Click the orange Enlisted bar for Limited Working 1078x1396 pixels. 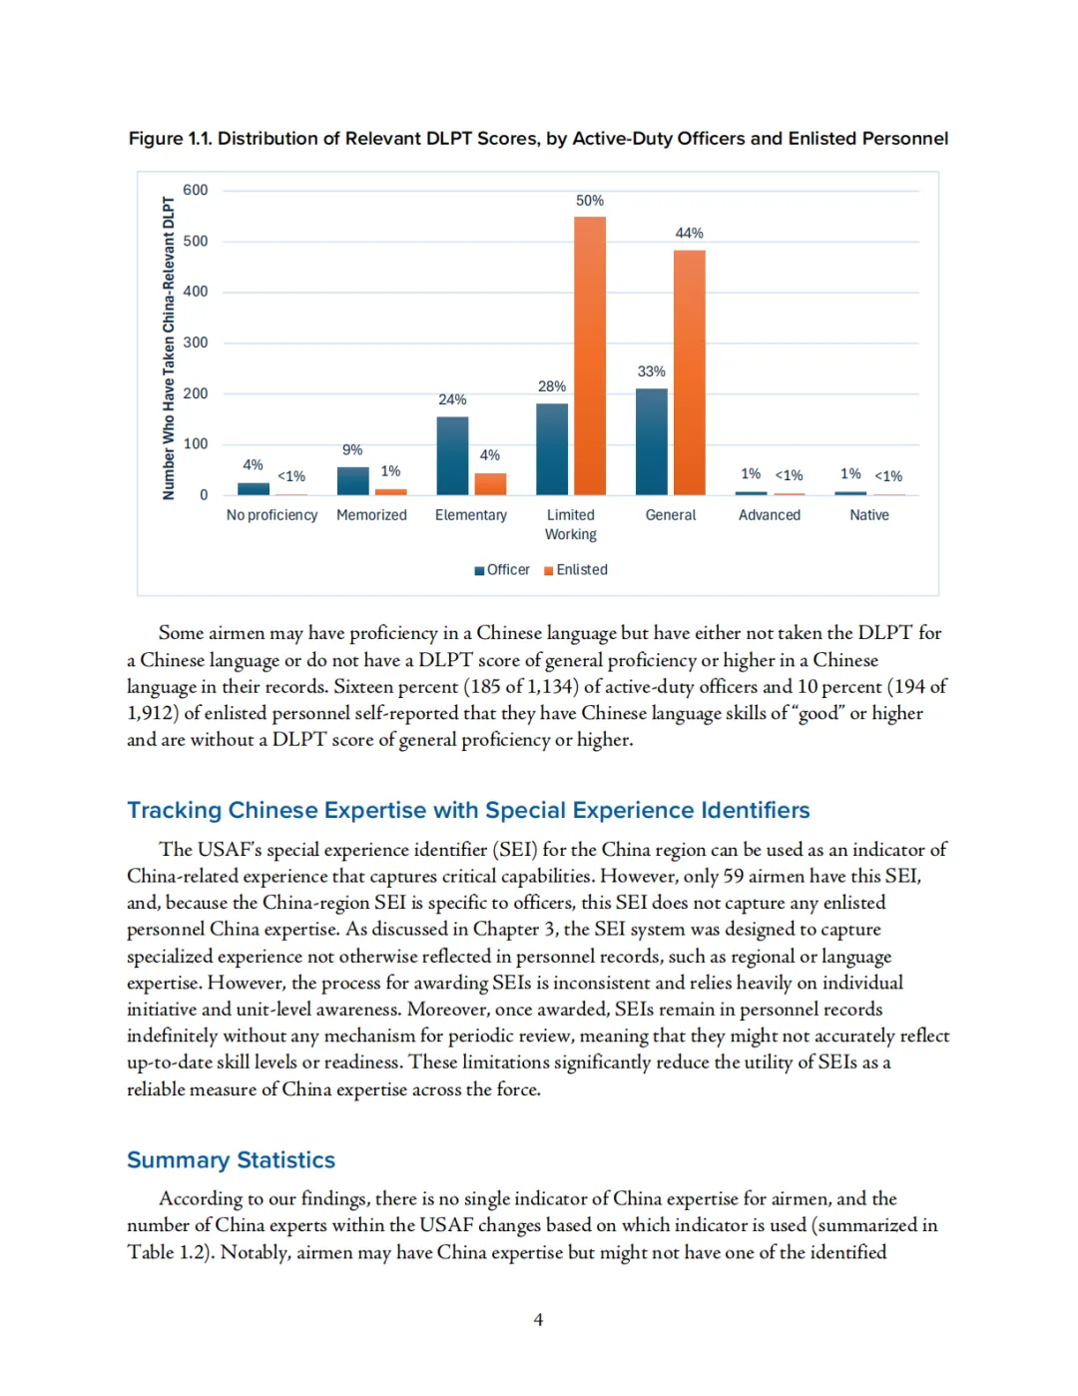pos(590,355)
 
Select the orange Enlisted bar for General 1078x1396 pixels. pos(690,372)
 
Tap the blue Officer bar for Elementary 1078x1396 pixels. pos(452,455)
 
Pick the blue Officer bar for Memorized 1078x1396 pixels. pos(352,481)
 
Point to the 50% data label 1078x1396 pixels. pos(590,201)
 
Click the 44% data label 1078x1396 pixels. pos(690,233)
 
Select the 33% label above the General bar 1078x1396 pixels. pos(651,371)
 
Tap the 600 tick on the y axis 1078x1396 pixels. pos(196,190)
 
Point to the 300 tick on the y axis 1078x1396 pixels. pos(196,343)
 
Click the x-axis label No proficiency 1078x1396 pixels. pos(271,515)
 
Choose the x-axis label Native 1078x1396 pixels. pos(869,515)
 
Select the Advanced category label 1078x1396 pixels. pos(770,515)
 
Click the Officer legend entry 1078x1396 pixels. pos(503,570)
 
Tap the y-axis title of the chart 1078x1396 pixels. pos(169,348)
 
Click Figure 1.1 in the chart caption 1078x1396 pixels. pos(170,139)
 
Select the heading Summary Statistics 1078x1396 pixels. pos(231,1160)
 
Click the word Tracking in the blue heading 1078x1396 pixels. pos(174,810)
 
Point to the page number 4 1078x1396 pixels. pos(538,1320)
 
